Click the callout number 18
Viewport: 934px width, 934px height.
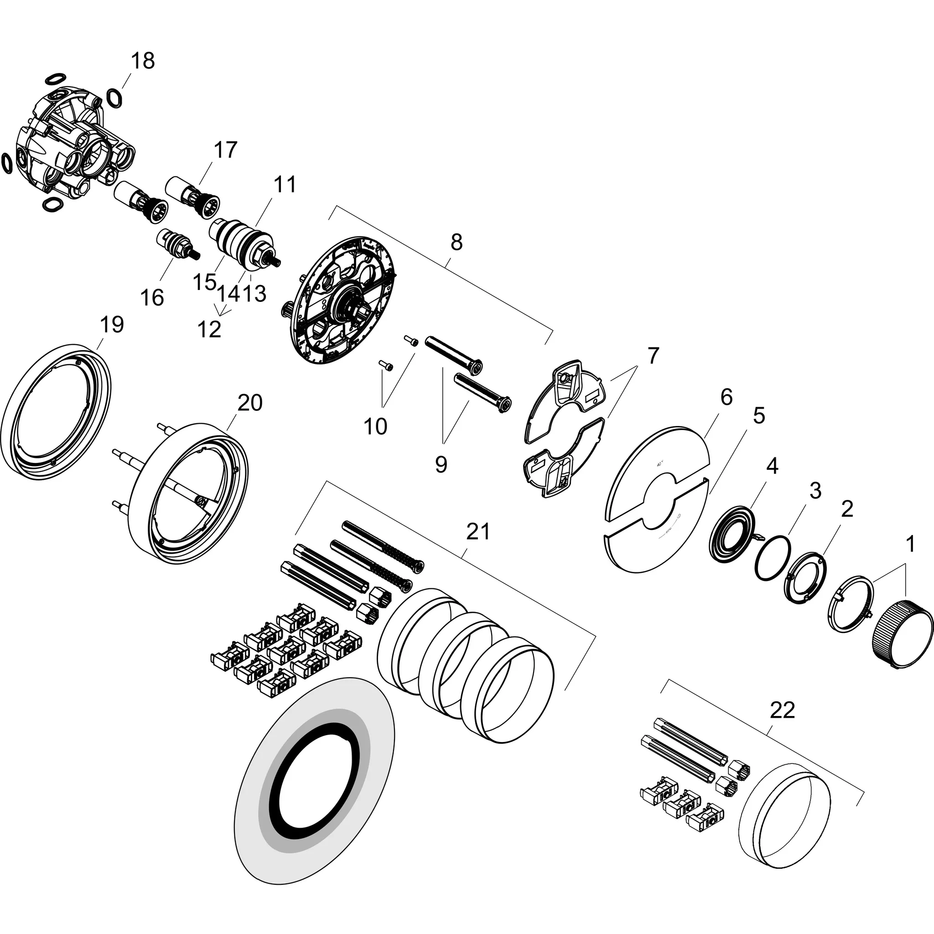(x=143, y=61)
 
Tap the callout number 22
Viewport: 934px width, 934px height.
(x=782, y=710)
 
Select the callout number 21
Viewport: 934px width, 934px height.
(x=478, y=532)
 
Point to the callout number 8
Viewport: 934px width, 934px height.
(x=457, y=242)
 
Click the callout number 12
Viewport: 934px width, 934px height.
(x=209, y=329)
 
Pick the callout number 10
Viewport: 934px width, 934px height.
(x=375, y=426)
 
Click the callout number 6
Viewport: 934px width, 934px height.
(x=726, y=397)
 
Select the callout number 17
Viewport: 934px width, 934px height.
(x=225, y=150)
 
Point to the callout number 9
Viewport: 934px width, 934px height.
(x=441, y=465)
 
